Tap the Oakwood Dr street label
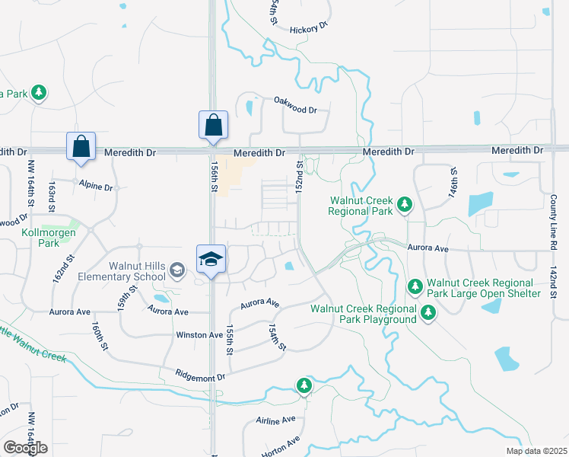click(295, 110)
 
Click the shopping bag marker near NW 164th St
click(81, 147)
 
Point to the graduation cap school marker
click(211, 260)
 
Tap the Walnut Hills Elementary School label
click(122, 270)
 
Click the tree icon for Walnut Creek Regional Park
click(405, 204)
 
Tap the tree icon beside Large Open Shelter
click(415, 287)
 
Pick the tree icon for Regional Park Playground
click(428, 312)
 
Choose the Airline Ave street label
click(275, 420)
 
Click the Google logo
click(25, 448)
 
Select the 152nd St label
click(300, 175)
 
